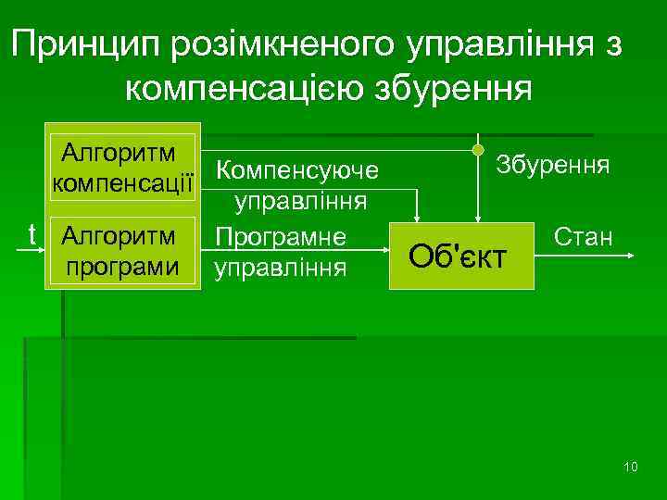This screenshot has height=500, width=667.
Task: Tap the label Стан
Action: pyautogui.click(x=584, y=238)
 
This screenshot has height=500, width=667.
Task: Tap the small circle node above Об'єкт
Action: pyautogui.click(x=478, y=150)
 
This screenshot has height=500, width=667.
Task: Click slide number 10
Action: pyautogui.click(x=631, y=466)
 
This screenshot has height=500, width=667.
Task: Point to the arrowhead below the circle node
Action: pyautogui.click(x=478, y=218)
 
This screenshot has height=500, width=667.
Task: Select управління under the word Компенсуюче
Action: pyautogui.click(x=300, y=202)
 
